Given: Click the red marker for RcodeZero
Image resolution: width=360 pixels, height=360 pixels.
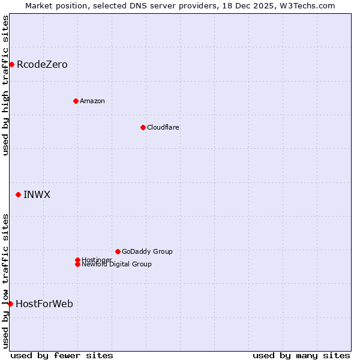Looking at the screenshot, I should (x=11, y=64).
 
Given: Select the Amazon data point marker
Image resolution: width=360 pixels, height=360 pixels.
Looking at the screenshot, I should (x=76, y=101).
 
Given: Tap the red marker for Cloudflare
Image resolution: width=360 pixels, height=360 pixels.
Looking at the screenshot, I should (x=143, y=127).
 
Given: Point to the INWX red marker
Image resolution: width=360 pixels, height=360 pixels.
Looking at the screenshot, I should (x=18, y=194).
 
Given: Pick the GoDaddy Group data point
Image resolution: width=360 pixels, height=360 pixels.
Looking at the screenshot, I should (x=118, y=251).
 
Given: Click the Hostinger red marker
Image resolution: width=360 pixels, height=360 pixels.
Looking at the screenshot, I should (x=77, y=260).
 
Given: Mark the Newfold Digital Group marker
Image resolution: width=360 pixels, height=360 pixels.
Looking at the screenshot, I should (x=77, y=264).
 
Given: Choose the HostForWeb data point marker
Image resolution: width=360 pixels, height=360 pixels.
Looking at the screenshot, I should (x=10, y=304).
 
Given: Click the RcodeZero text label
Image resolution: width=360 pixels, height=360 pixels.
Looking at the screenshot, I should (x=42, y=64).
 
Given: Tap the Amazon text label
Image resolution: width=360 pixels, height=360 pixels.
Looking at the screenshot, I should (x=92, y=101).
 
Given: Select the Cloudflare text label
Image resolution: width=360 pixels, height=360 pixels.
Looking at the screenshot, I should (x=163, y=127).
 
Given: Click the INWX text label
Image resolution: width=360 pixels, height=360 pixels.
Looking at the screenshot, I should (x=37, y=194).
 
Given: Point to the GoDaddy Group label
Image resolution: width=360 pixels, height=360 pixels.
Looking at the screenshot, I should (x=147, y=251).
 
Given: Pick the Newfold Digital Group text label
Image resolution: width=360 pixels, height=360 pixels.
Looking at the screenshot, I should (x=117, y=265).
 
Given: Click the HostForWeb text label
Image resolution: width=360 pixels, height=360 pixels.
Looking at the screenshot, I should (x=44, y=304).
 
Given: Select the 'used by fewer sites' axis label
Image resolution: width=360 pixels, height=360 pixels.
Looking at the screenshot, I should (x=62, y=355).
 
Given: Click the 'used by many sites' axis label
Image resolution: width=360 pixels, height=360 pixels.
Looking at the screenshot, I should (x=301, y=355).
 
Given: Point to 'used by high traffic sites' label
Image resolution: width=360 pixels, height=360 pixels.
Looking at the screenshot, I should (x=5, y=85).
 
